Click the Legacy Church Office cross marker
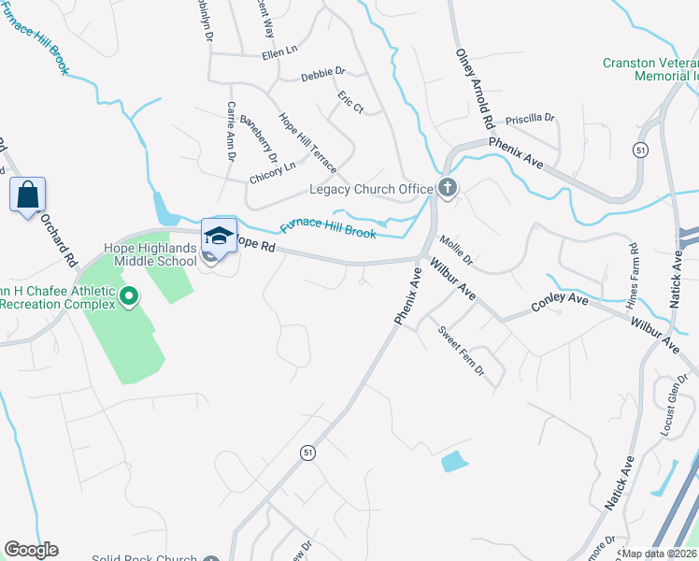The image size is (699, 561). click(x=448, y=189)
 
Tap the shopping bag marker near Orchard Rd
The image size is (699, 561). click(x=27, y=196)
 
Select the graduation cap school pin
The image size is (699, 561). click(x=219, y=236)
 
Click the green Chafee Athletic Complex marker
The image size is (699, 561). click(x=130, y=298)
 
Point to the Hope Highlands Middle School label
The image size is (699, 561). click(x=150, y=254)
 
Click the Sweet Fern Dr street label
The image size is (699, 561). click(x=463, y=352)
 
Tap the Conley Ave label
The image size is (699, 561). click(x=560, y=303)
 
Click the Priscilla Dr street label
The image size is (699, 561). click(x=530, y=119)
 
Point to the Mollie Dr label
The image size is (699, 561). click(x=457, y=251)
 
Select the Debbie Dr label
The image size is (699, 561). click(x=323, y=72)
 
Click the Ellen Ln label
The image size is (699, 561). click(x=278, y=52)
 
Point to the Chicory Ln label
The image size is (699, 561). click(x=272, y=166)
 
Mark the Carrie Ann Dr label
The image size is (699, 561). click(x=230, y=131)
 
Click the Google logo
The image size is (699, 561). click(x=31, y=550)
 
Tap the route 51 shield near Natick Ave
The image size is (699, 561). click(x=640, y=150)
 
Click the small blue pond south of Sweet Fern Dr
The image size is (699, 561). click(x=453, y=460)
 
